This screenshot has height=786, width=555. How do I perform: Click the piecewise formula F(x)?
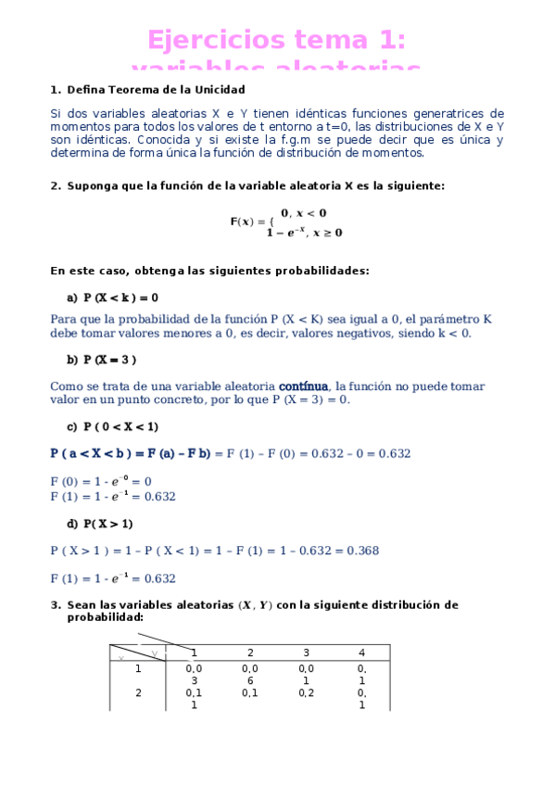pos(285,222)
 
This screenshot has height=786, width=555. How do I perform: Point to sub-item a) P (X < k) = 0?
pos(112,298)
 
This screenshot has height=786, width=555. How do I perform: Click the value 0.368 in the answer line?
pos(362,551)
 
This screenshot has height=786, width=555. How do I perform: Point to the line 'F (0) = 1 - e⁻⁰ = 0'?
pos(101,481)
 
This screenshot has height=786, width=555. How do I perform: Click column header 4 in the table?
pos(361,653)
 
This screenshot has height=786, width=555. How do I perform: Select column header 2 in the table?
pos(249,653)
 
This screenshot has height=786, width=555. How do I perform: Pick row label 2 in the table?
pos(138,691)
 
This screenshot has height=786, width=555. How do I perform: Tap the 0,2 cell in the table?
pos(306,691)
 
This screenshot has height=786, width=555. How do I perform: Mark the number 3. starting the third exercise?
pos(55,605)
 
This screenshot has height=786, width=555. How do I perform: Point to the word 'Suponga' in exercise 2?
pos(92,185)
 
